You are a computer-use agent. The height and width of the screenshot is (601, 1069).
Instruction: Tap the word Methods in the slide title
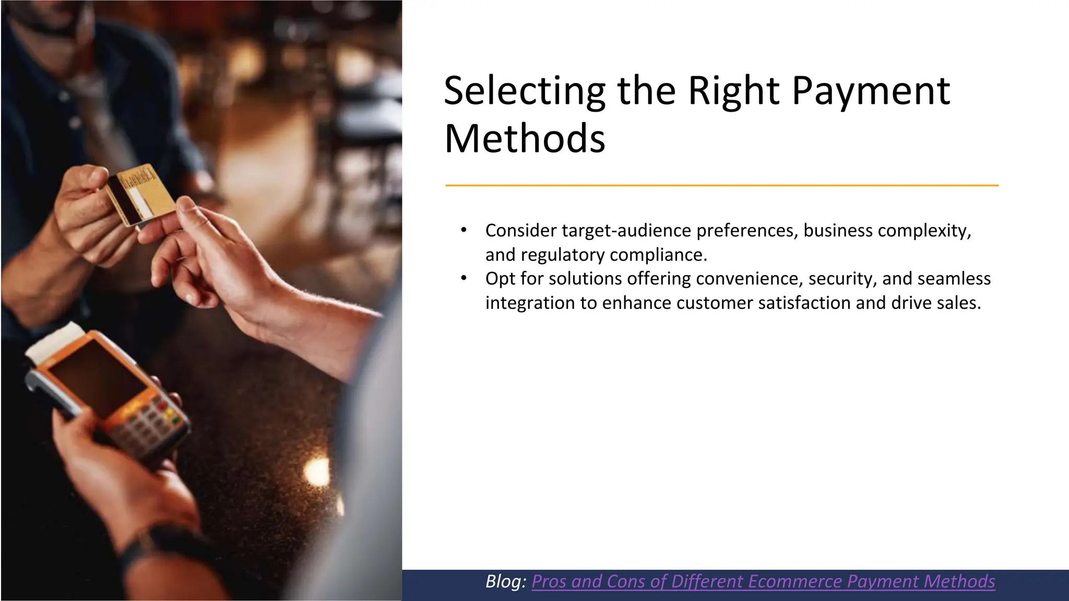click(524, 139)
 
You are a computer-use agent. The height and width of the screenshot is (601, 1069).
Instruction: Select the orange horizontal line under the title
click(721, 185)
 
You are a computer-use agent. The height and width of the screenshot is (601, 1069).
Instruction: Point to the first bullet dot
click(464, 231)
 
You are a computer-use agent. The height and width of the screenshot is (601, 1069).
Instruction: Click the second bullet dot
click(464, 279)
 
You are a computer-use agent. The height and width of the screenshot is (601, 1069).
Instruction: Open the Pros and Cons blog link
click(763, 581)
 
